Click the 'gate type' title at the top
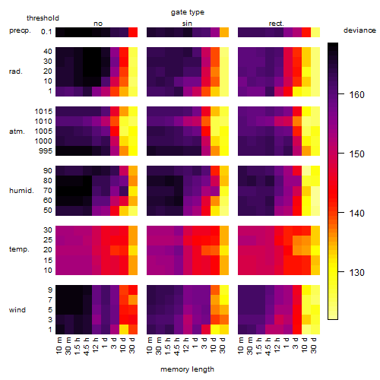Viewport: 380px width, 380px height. point(188,12)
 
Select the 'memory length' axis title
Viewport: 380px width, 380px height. point(187,369)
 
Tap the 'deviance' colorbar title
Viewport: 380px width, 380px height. point(359,30)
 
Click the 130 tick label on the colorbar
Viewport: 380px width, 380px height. point(356,273)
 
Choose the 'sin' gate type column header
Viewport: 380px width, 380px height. point(187,24)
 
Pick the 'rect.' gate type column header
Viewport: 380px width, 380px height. point(277,24)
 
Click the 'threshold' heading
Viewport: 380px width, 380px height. point(43,18)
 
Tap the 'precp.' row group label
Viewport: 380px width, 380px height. point(20,30)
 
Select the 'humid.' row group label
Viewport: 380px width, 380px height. point(21,191)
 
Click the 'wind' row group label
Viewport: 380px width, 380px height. point(17,310)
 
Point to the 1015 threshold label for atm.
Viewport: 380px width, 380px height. point(43,112)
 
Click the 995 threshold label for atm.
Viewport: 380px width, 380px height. point(46,151)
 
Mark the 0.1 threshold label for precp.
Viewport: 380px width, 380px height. point(46,32)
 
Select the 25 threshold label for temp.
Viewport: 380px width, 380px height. point(48,240)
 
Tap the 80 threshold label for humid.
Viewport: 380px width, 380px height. point(48,181)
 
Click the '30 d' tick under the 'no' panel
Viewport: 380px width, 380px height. point(132,345)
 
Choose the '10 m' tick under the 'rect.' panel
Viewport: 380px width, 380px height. point(242,345)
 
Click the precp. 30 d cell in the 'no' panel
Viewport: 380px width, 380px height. point(133,32)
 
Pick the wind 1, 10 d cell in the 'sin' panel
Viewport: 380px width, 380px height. point(215,329)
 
